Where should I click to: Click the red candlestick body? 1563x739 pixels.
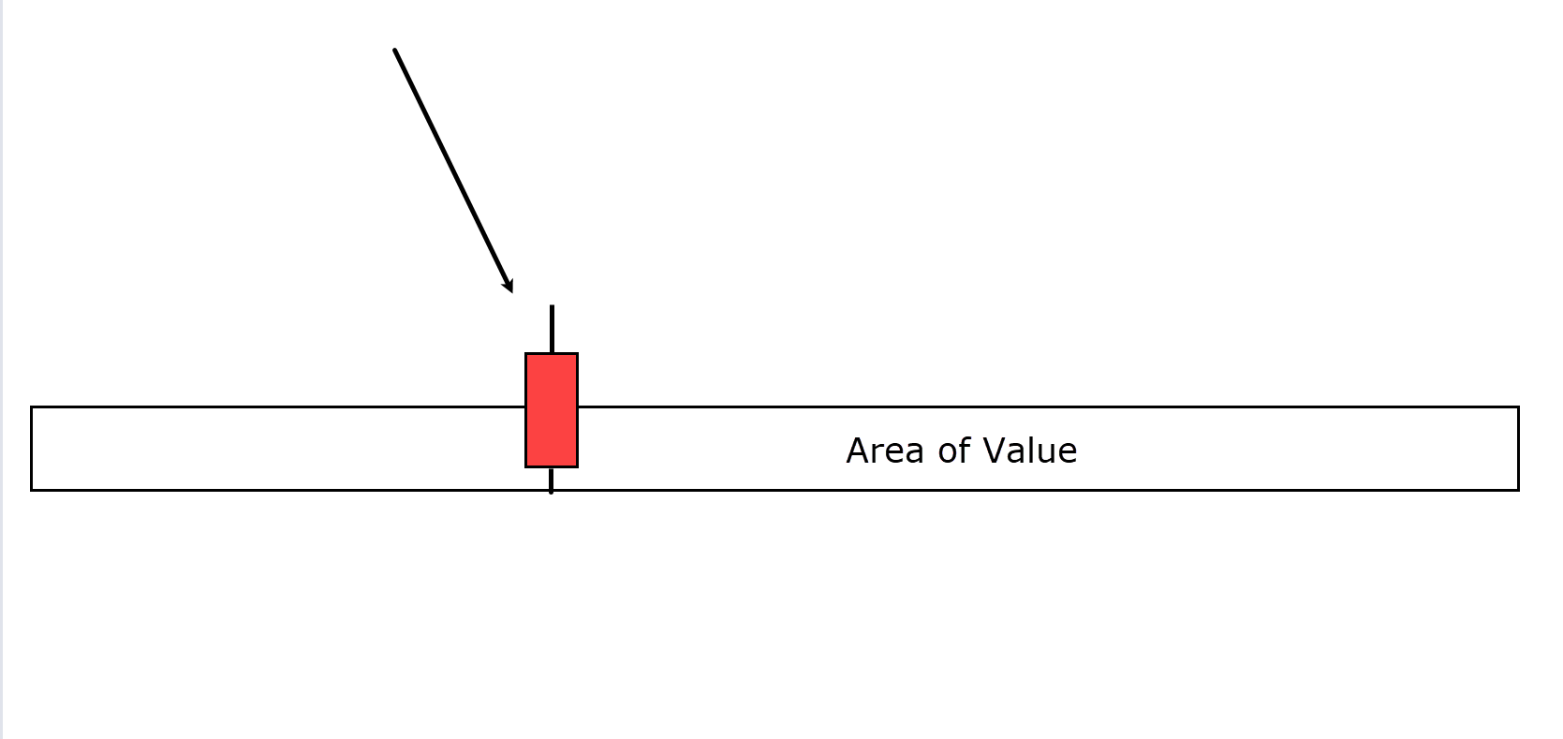point(552,410)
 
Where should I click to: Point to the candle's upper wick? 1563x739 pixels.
point(552,329)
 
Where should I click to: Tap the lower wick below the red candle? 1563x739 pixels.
point(552,480)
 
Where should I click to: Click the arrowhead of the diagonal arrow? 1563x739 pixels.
point(509,285)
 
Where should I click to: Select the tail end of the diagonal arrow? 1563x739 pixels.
point(395,51)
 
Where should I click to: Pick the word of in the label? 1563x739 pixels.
point(954,451)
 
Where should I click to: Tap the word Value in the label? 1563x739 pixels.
point(1030,451)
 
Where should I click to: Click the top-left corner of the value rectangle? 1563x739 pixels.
point(32,406)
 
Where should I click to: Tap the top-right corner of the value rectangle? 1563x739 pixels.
point(1519,406)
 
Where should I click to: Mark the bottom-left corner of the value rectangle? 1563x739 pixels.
point(32,490)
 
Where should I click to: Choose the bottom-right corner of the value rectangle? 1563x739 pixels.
point(1519,490)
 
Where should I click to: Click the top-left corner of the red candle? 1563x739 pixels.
point(526,354)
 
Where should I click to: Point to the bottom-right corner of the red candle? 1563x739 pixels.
point(578,466)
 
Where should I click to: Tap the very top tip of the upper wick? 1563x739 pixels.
point(552,305)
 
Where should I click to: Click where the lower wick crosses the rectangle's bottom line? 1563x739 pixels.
point(552,490)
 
